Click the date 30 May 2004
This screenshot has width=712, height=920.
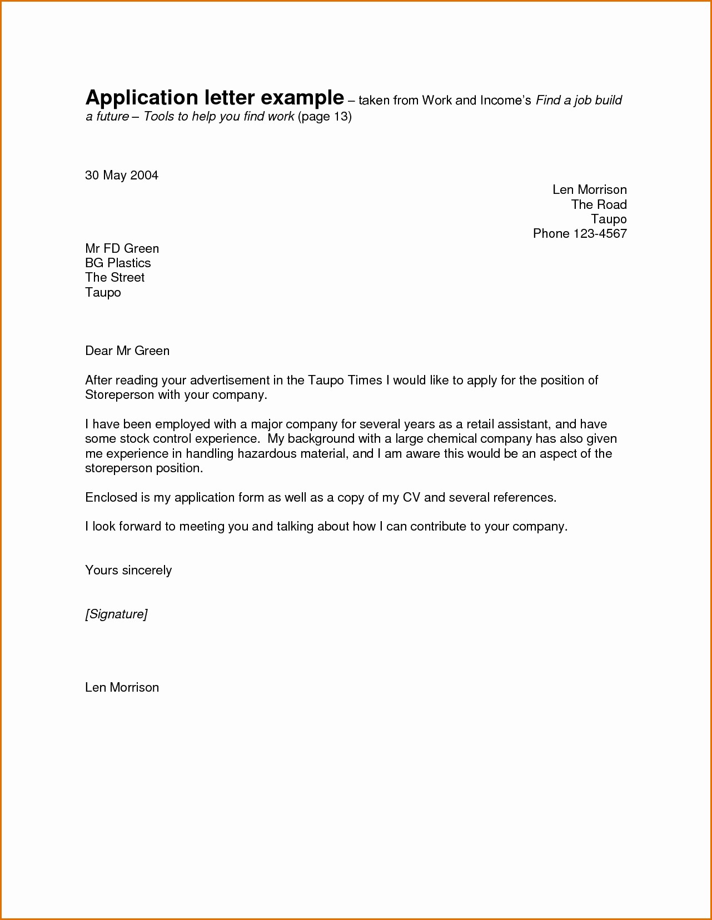click(121, 176)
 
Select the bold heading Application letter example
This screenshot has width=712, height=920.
click(215, 98)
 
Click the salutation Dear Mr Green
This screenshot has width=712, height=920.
click(127, 351)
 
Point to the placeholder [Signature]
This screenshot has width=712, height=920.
click(116, 614)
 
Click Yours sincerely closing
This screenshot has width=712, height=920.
click(128, 571)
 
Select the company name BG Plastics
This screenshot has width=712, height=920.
click(118, 263)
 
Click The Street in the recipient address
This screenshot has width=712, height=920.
click(114, 278)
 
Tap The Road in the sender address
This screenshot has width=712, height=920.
click(599, 204)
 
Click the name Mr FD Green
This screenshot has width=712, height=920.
click(122, 249)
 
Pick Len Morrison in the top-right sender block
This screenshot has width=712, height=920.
click(589, 190)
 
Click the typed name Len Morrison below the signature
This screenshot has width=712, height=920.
click(122, 688)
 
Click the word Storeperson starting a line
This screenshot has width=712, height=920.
click(119, 395)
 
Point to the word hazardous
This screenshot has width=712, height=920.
click(267, 454)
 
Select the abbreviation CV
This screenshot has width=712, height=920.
click(411, 498)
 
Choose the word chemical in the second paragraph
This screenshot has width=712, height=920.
click(452, 439)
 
